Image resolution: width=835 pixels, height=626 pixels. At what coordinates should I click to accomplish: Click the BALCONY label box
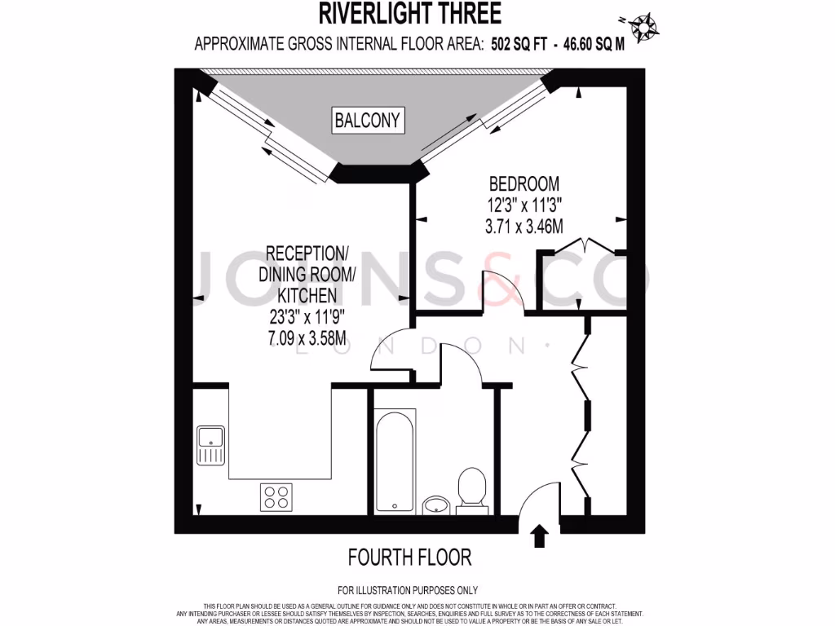click(x=368, y=121)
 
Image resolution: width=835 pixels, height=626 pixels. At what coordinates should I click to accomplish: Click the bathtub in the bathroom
click(x=395, y=461)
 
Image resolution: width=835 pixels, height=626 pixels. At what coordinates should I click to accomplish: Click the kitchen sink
click(x=210, y=445)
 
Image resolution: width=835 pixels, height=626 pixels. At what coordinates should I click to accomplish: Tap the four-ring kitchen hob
click(x=276, y=496)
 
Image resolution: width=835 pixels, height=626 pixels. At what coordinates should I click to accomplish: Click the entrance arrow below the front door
click(x=539, y=536)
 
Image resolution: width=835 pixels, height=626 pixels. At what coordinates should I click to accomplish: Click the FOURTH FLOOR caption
click(x=409, y=558)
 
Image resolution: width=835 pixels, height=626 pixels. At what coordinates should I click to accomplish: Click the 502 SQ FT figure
click(x=517, y=44)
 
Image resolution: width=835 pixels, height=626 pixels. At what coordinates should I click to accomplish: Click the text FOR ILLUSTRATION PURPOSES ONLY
click(x=408, y=590)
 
